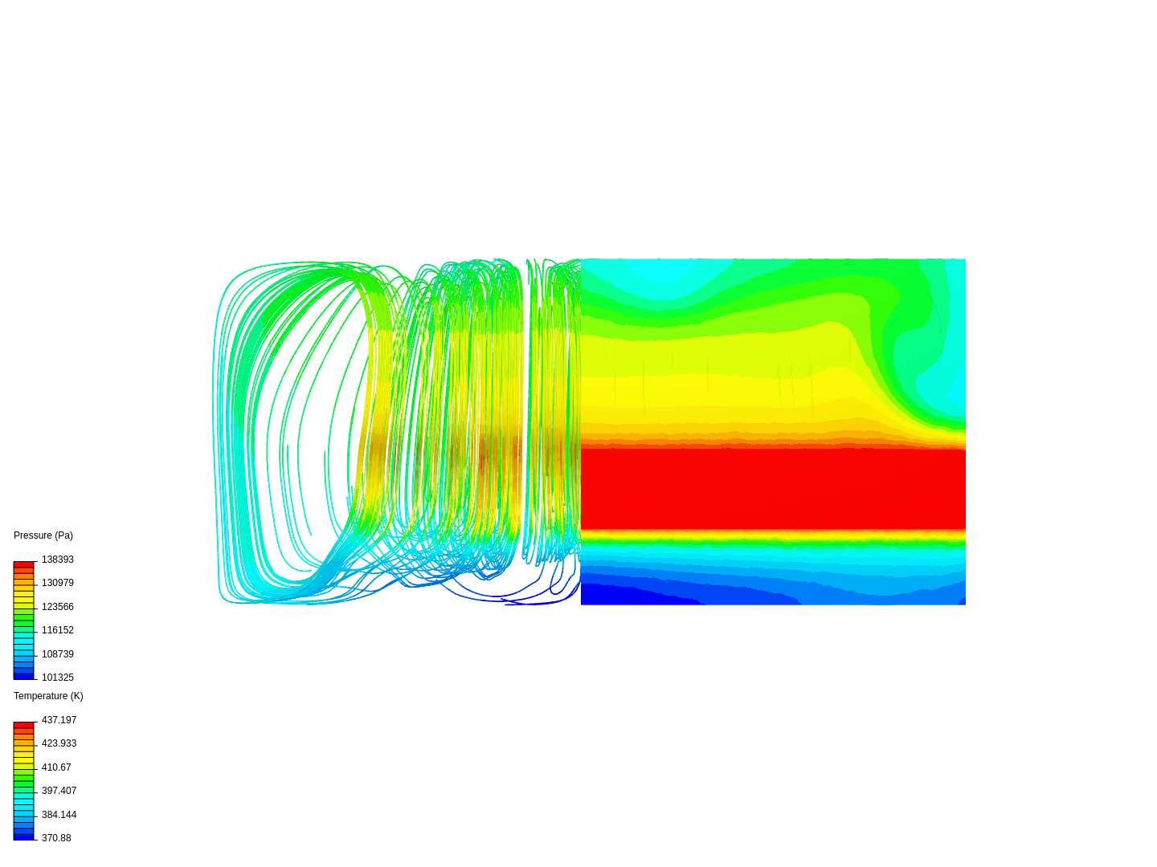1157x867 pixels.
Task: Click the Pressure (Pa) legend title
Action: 43,535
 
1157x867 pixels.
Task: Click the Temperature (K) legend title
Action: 48,696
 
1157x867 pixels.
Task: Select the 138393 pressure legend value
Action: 58,560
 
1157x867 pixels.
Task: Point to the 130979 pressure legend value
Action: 58,583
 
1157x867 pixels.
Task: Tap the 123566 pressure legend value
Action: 58,607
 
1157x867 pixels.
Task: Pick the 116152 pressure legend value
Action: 58,630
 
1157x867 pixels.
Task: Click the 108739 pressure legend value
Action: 58,654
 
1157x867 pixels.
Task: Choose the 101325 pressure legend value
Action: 58,678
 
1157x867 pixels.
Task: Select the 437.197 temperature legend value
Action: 59,720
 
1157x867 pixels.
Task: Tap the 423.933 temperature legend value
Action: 59,743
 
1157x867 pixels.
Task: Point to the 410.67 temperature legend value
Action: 56,767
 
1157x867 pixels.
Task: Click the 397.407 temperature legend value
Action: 59,791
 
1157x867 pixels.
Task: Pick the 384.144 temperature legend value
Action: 59,815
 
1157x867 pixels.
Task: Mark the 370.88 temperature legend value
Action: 56,838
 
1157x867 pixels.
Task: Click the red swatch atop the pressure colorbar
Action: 24,564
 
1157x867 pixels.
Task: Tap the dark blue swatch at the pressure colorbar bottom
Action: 24,676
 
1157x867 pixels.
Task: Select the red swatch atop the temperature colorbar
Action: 24,725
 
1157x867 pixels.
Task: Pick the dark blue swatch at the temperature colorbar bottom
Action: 24,836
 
